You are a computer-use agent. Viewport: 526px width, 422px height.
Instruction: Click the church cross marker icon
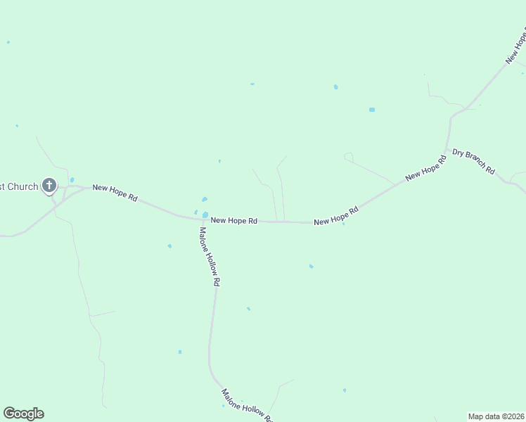pyautogui.click(x=49, y=186)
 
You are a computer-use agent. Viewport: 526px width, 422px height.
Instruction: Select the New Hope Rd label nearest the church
pyautogui.click(x=115, y=193)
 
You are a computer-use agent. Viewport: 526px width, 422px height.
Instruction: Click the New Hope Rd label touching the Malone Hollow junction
pyautogui.click(x=234, y=221)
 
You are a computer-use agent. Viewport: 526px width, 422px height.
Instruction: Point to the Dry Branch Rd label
pyautogui.click(x=473, y=162)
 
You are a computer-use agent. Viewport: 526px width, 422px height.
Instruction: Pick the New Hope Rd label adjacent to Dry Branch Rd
pyautogui.click(x=426, y=169)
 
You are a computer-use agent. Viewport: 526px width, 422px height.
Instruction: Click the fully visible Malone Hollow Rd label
pyautogui.click(x=210, y=256)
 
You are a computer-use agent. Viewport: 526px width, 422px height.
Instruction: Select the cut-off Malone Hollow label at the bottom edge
pyautogui.click(x=246, y=404)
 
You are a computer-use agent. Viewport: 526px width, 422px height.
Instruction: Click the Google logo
pyautogui.click(x=23, y=414)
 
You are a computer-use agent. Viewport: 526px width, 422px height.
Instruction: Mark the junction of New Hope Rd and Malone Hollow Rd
pyautogui.click(x=204, y=219)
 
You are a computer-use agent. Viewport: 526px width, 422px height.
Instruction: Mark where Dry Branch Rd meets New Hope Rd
pyautogui.click(x=446, y=150)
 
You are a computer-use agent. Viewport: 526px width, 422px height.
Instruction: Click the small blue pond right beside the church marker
pyautogui.click(x=72, y=180)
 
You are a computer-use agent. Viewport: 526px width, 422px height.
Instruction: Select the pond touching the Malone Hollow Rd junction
pyautogui.click(x=205, y=215)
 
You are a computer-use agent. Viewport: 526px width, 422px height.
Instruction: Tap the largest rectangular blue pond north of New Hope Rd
pyautogui.click(x=372, y=110)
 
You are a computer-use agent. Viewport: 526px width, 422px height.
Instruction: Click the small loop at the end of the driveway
pyautogui.click(x=347, y=156)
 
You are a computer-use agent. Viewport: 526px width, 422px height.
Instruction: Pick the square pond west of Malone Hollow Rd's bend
pyautogui.click(x=180, y=352)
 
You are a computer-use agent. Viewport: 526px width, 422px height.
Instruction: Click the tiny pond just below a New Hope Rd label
pyautogui.click(x=343, y=224)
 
